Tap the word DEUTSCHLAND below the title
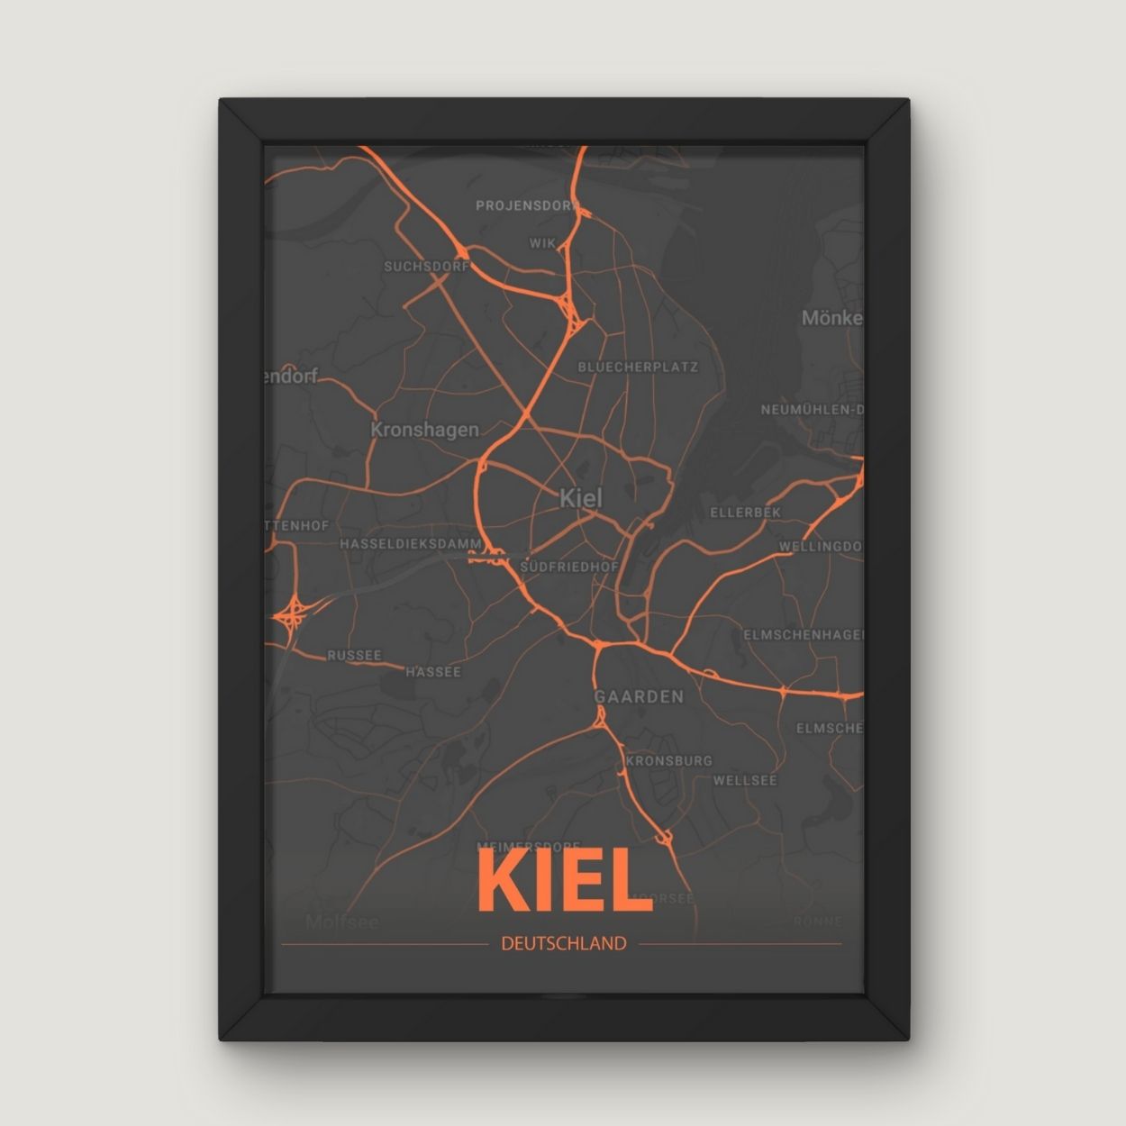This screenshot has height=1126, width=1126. tap(563, 944)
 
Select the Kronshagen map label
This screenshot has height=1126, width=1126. tap(424, 430)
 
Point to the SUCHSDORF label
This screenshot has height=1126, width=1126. tap(426, 267)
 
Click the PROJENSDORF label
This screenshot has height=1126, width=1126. tap(527, 205)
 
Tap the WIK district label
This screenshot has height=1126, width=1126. tap(542, 243)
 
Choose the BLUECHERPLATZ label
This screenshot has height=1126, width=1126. tap(638, 368)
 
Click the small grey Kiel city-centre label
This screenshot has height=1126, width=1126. tap(580, 497)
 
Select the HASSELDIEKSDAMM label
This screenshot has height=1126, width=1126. tap(411, 544)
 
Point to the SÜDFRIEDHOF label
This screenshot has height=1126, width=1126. tap(569, 567)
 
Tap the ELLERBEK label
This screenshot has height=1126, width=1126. tap(745, 513)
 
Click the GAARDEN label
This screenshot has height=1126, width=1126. tap(639, 696)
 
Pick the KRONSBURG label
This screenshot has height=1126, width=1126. tap(668, 760)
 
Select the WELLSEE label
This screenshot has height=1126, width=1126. tap(744, 780)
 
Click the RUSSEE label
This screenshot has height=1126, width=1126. tap(354, 656)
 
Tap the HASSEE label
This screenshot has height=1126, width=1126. tap(432, 672)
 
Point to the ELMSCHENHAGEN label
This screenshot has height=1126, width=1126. tap(803, 635)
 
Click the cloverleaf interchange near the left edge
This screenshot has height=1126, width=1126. tap(291, 616)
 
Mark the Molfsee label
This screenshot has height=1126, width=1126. tap(341, 922)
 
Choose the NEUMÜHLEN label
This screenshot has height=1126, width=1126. tap(812, 410)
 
